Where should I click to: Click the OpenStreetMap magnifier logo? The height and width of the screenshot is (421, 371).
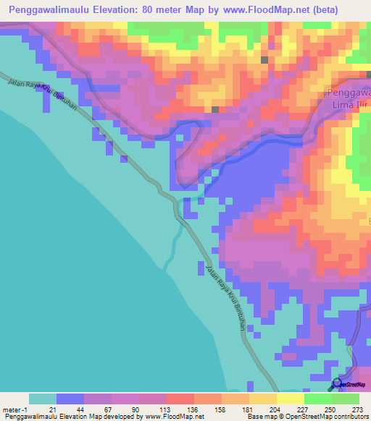pyautogui.click(x=337, y=384)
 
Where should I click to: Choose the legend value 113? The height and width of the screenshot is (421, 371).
pyautogui.click(x=157, y=409)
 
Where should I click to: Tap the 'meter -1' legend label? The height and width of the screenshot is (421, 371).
pyautogui.click(x=14, y=409)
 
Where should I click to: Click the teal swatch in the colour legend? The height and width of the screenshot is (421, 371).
pyautogui.click(x=42, y=399)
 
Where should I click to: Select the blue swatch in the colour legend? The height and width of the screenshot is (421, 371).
pyautogui.click(x=70, y=399)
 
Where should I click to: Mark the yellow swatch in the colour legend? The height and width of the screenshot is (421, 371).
pyautogui.click(x=290, y=399)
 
